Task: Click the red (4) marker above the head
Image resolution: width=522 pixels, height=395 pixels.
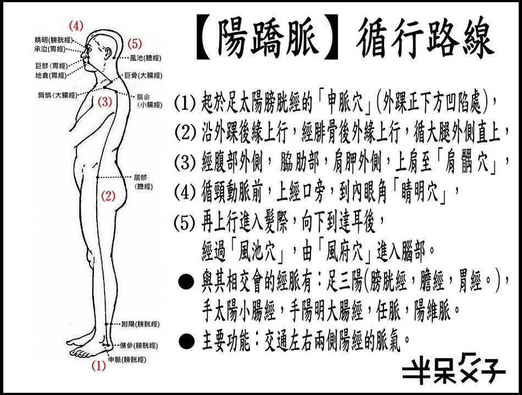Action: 76,26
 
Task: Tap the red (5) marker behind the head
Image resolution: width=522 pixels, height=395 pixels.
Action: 135,43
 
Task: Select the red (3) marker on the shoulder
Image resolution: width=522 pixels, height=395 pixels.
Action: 105,101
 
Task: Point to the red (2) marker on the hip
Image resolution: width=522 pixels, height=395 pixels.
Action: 108,196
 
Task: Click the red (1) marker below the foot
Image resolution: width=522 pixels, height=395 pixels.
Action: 98,366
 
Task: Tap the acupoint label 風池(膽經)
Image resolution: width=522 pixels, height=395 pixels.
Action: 146,58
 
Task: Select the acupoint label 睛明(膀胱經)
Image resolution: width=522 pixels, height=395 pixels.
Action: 53,40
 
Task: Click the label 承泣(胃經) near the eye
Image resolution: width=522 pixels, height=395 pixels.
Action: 49,49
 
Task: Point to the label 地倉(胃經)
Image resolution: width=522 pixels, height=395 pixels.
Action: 51,76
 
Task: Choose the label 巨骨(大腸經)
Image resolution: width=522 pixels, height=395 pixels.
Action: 143,76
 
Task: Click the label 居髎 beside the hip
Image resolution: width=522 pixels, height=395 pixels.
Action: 140,178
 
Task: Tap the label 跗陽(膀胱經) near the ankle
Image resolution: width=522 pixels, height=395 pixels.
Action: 141,324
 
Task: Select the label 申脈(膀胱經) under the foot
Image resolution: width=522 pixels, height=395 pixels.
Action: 127,359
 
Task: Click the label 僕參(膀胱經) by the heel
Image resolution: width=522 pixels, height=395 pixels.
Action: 139,346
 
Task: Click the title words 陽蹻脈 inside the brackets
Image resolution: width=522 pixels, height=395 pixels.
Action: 266,37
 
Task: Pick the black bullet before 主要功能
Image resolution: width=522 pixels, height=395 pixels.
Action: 186,341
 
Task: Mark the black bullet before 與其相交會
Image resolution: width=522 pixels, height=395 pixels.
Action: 186,282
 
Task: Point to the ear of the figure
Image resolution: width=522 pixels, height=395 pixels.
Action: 108,53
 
